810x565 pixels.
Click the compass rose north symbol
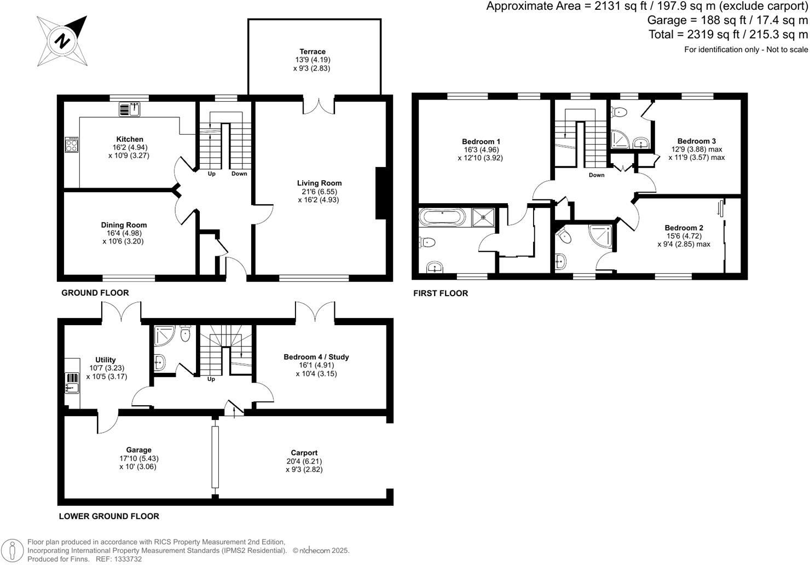tap(62, 41)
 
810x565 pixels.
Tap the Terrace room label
tap(312, 51)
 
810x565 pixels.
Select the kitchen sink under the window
tap(130, 109)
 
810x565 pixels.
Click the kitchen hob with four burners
tap(72, 145)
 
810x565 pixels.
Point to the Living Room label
tap(319, 183)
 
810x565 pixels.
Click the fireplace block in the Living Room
tap(381, 193)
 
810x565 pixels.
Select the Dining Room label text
tap(124, 225)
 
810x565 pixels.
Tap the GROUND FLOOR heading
tap(95, 293)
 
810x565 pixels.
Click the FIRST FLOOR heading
tap(441, 293)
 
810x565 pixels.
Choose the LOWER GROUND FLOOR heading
tap(109, 516)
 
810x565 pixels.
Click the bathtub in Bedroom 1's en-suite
tap(442, 217)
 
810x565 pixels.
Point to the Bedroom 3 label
tap(696, 141)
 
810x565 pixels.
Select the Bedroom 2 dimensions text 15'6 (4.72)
tap(684, 236)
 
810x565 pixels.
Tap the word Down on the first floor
tap(597, 175)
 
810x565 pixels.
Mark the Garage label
tap(138, 450)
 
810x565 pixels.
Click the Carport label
tap(304, 453)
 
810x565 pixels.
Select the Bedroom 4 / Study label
tap(316, 357)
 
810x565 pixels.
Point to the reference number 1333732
tap(126, 559)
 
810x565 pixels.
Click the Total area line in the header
tap(728, 34)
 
